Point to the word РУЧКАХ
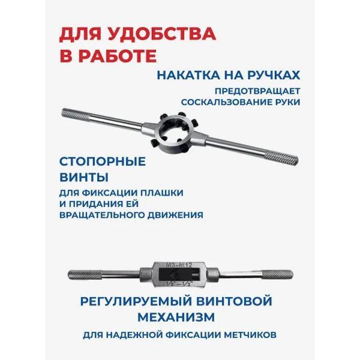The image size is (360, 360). pos(272,76)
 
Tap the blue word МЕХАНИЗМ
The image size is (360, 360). pos(180,315)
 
